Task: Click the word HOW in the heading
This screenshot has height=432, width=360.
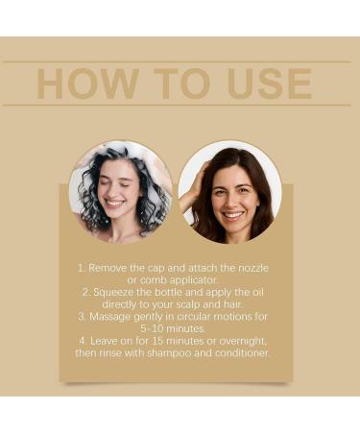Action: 82,84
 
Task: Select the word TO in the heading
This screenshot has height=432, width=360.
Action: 169,84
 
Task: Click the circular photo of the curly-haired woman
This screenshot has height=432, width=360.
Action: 120,192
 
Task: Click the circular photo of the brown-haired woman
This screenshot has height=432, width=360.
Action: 230,192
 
